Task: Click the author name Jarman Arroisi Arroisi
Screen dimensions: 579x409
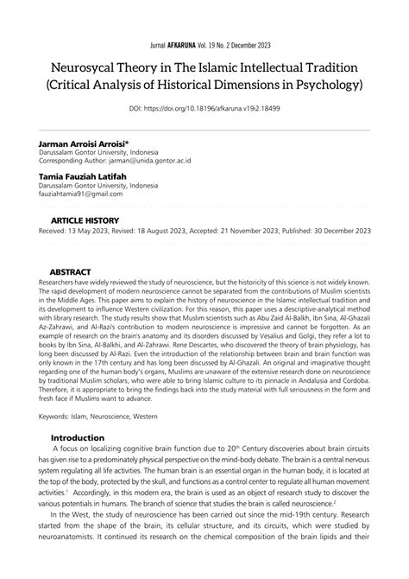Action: pyautogui.click(x=84, y=143)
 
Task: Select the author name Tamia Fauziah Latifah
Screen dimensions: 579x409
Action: pyautogui.click(x=83, y=176)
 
